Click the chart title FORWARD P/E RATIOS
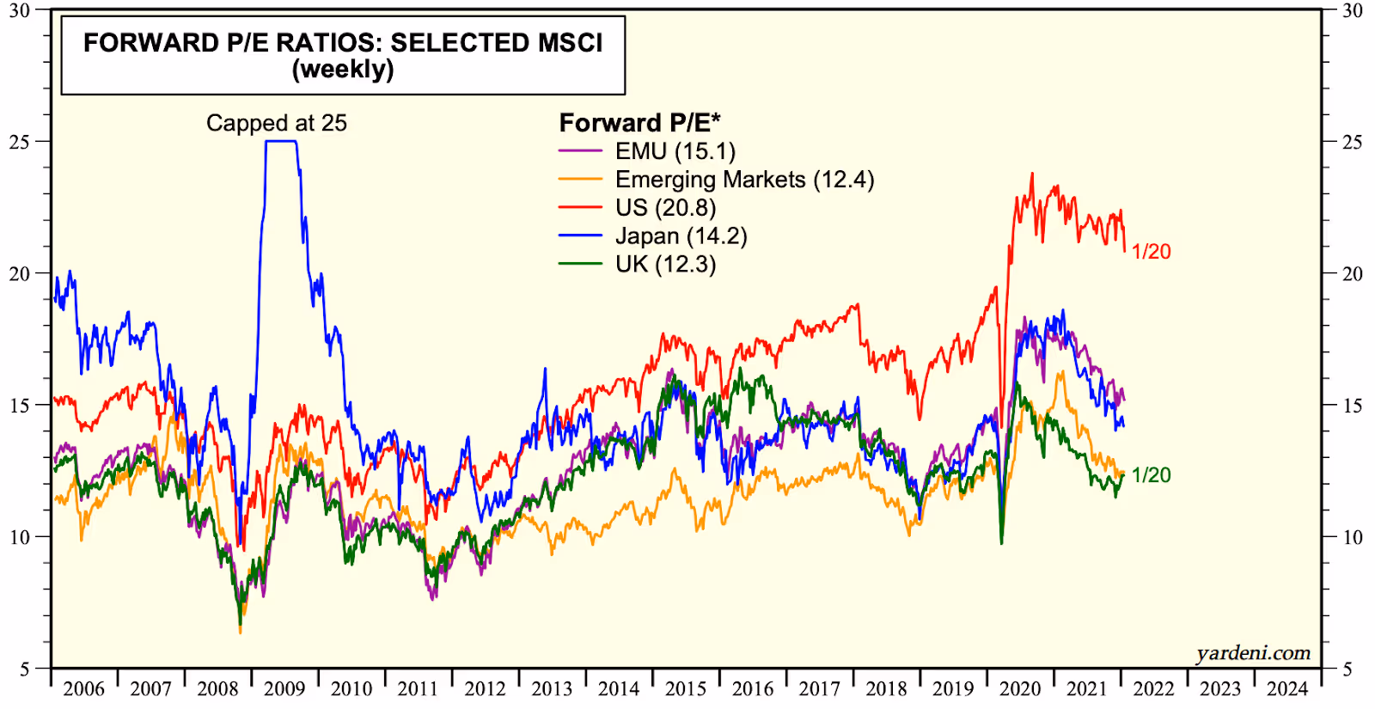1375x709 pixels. [343, 44]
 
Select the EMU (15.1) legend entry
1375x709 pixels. [675, 151]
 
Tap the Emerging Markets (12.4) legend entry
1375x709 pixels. [744, 180]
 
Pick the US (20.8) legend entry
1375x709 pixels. [665, 208]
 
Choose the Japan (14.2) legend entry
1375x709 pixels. [681, 236]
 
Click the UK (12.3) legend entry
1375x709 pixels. [665, 264]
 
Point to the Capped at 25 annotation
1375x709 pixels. [277, 123]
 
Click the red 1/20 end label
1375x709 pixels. [1151, 252]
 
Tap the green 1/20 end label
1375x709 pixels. [1151, 475]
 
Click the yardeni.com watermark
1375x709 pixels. [1253, 653]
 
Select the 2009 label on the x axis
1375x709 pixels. [284, 689]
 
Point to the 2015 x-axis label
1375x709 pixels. [686, 689]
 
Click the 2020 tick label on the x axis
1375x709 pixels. [1020, 689]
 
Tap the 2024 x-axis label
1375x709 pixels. [1287, 689]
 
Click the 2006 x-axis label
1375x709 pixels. [83, 689]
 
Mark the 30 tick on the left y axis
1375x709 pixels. [19, 10]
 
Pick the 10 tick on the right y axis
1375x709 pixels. [1353, 537]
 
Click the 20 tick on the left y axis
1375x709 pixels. [19, 274]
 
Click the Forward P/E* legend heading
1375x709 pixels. [639, 123]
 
